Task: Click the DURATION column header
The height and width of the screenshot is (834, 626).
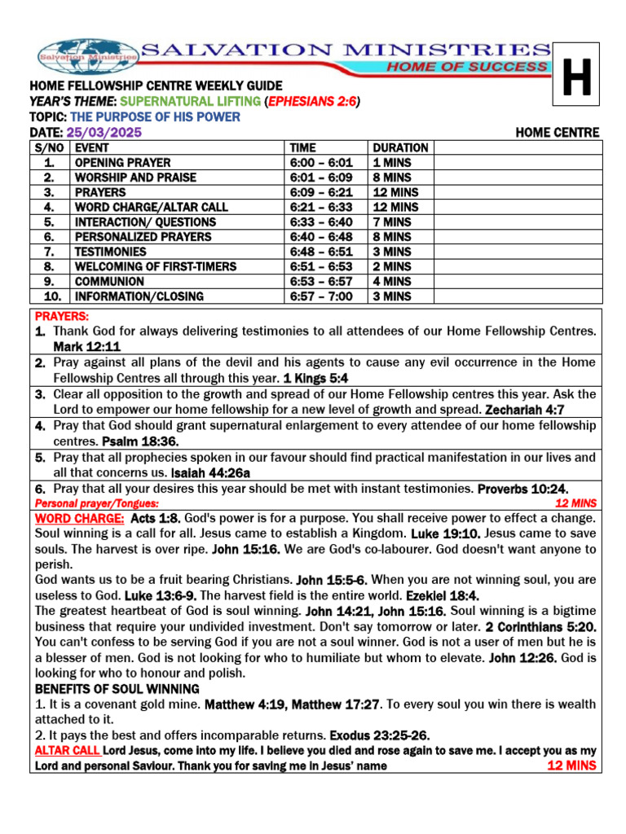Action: (400, 148)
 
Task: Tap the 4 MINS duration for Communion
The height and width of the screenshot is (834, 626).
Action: (391, 282)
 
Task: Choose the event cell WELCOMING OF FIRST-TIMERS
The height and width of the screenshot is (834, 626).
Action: (156, 266)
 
